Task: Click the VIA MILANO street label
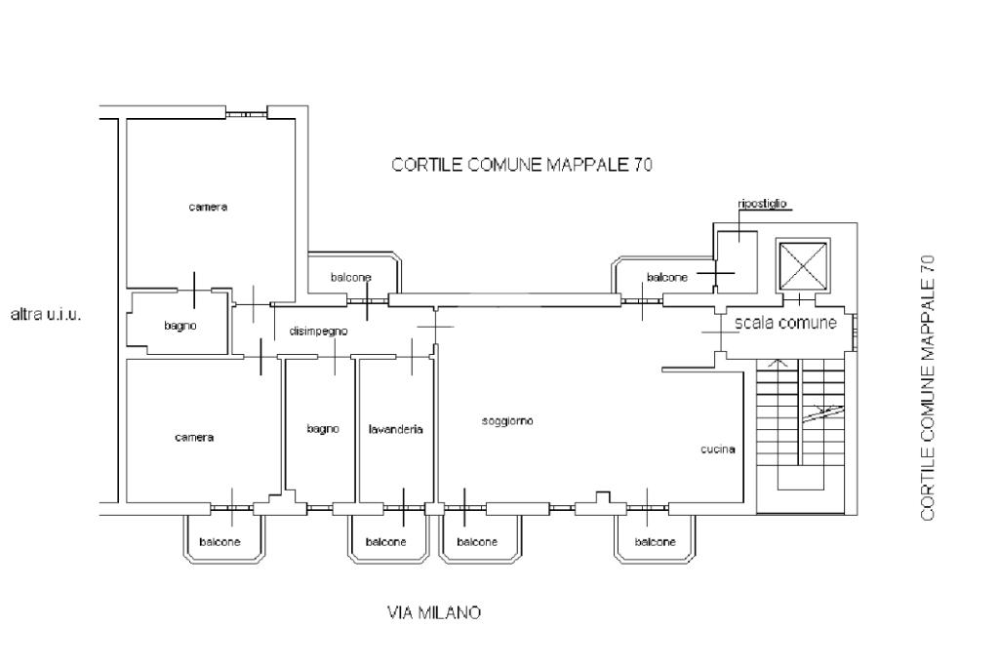[434, 613]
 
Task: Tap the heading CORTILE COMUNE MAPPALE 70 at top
[522, 165]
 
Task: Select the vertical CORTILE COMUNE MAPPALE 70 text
[928, 387]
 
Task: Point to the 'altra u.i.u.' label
[45, 315]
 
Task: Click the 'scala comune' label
[785, 323]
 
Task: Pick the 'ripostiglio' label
[763, 205]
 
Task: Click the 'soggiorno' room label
[507, 421]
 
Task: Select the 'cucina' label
[717, 450]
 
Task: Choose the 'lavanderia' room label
[395, 429]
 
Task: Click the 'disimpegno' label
[318, 332]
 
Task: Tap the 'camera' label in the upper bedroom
[208, 207]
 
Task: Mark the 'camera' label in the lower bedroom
[194, 437]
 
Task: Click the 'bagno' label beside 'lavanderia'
[322, 429]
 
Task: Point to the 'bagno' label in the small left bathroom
[180, 326]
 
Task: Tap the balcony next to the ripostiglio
[665, 277]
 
